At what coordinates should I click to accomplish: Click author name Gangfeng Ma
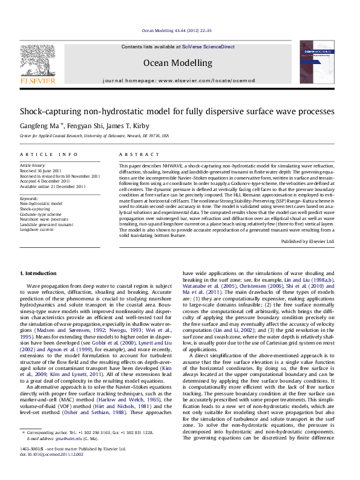[41, 125]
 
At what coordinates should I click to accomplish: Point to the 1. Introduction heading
[38, 274]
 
